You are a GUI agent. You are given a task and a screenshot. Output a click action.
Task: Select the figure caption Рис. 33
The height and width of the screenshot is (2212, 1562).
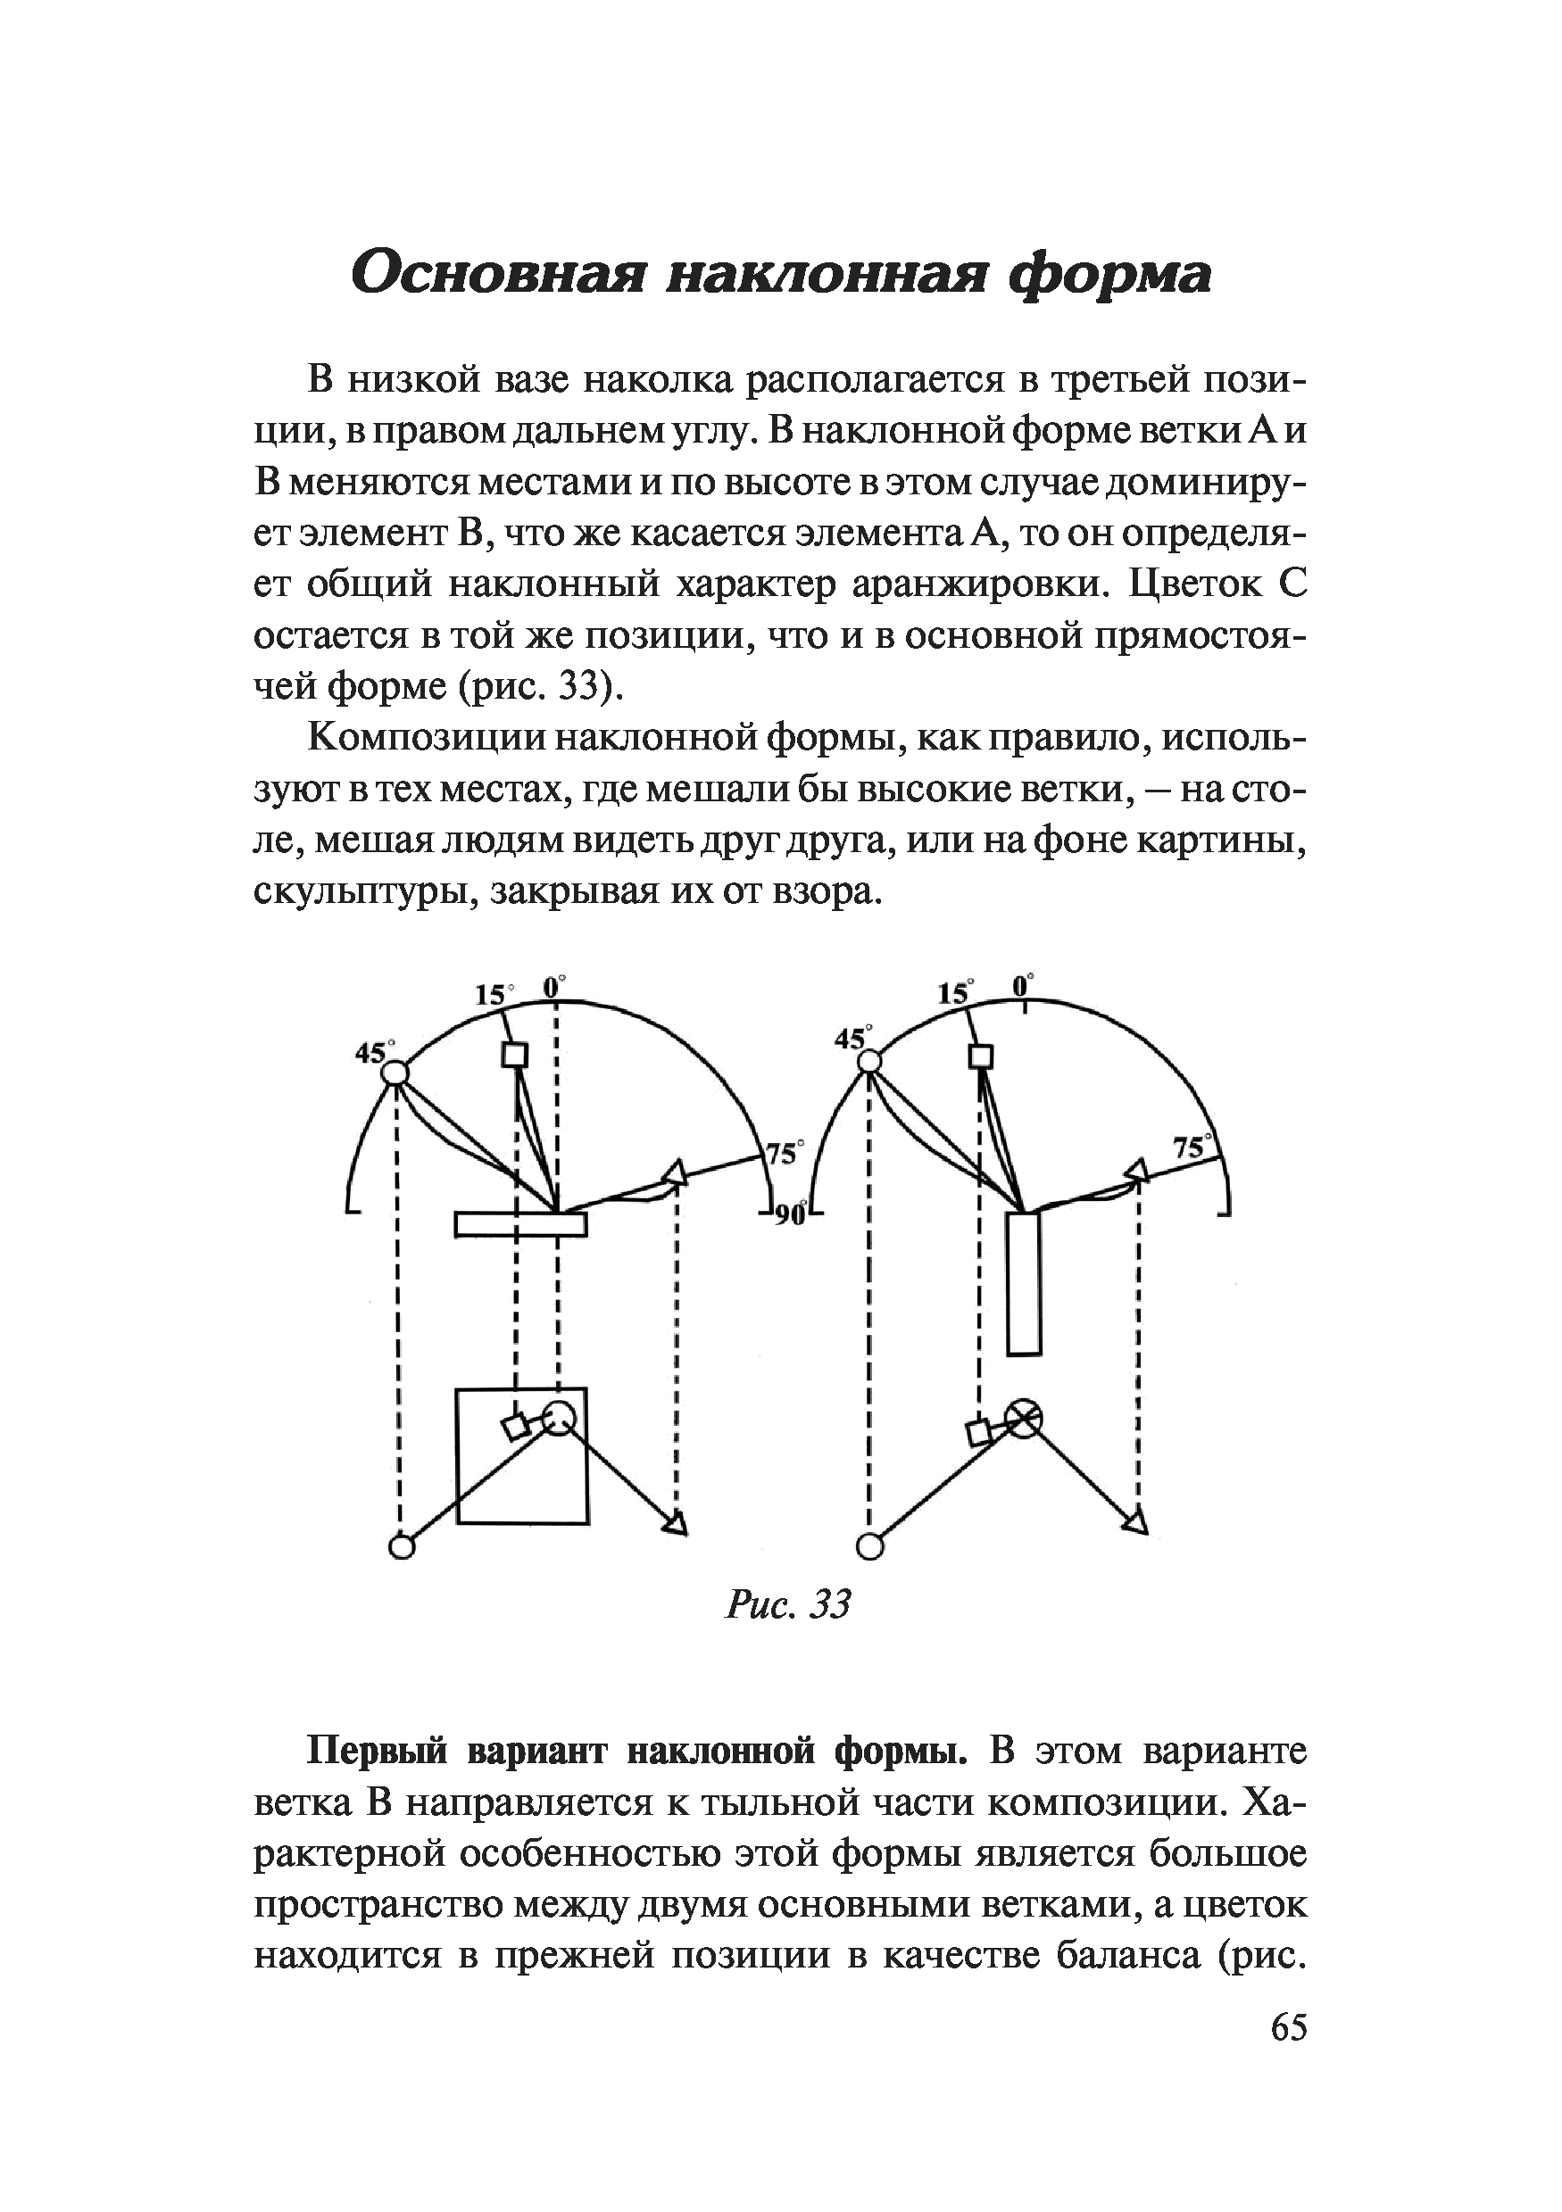point(788,1604)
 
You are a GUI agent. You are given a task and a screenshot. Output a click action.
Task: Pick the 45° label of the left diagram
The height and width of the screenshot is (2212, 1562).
point(372,1052)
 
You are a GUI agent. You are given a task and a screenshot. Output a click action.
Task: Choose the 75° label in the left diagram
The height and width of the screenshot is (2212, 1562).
point(785,1152)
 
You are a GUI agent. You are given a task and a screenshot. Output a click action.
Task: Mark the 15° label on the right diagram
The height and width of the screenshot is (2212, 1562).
point(955,993)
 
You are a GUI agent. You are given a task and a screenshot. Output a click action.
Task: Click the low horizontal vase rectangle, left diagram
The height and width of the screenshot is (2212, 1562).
point(520,1223)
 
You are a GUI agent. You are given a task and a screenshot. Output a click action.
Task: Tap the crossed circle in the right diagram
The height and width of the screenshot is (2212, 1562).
point(1024,1417)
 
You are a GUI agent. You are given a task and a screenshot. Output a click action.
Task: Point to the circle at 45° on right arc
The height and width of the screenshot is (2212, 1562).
point(869,1062)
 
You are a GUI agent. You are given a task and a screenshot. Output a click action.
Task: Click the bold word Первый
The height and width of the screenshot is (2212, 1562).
point(378,1751)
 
